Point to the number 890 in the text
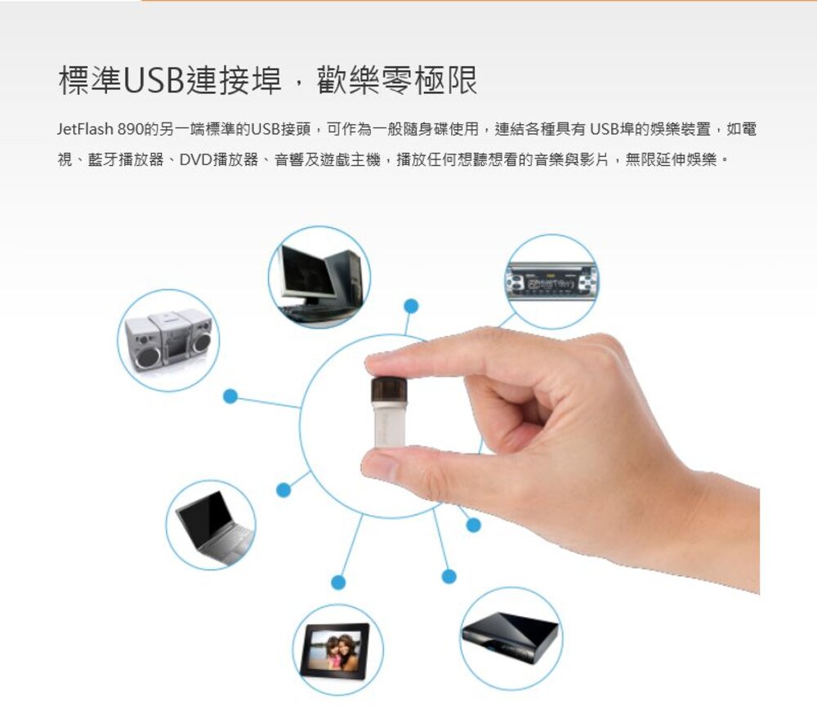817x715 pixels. click(132, 129)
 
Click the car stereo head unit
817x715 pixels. click(551, 281)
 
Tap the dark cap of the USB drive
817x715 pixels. click(388, 390)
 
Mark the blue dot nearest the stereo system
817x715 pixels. click(230, 396)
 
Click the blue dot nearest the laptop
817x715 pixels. click(283, 490)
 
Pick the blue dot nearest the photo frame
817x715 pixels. click(337, 582)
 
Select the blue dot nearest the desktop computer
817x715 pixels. click(411, 306)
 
